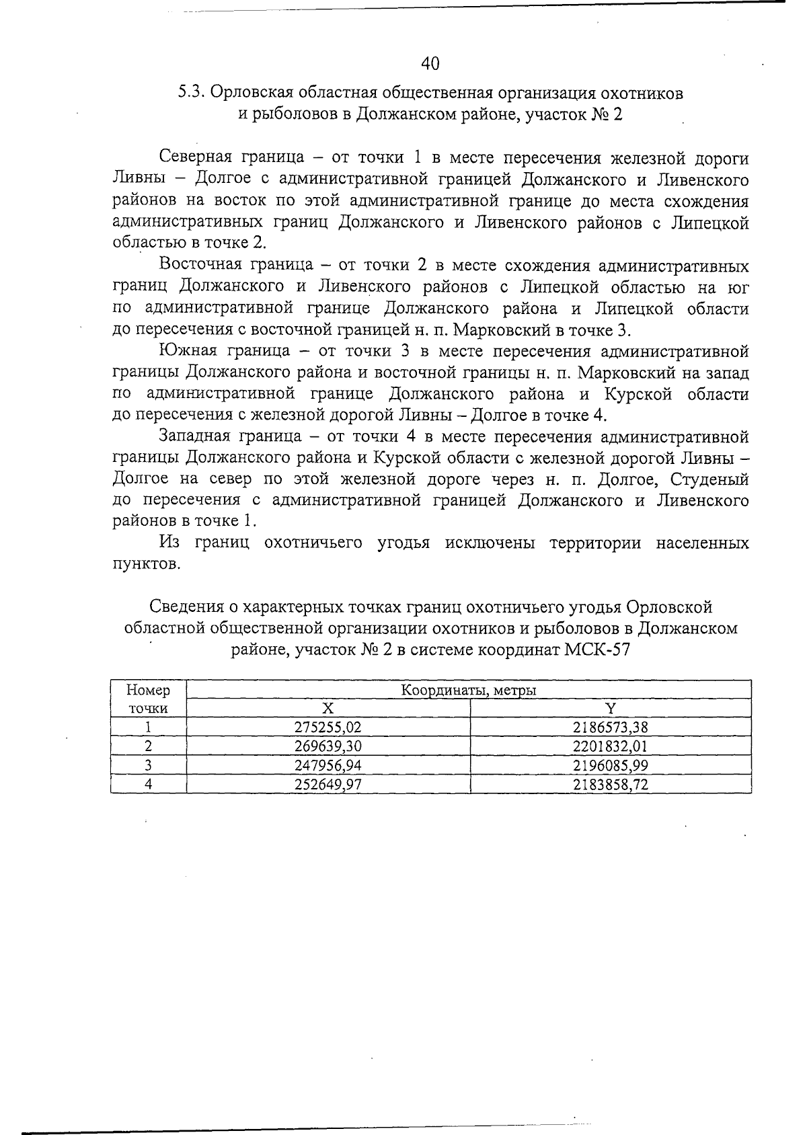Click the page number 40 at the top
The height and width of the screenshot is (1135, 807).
[x=430, y=64]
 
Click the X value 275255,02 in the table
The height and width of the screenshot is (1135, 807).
[x=328, y=726]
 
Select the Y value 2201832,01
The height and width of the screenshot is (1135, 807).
[x=610, y=745]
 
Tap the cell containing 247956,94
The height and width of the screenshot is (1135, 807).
[x=328, y=765]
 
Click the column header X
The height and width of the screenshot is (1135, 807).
[x=328, y=707]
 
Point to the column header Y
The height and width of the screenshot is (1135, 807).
[x=610, y=707]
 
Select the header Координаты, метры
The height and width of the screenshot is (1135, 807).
[x=468, y=690]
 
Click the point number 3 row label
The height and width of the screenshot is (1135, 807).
[x=148, y=765]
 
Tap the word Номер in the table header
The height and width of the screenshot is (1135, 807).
[x=148, y=690]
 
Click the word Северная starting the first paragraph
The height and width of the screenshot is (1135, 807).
[x=196, y=158]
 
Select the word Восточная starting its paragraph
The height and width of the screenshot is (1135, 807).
[x=200, y=266]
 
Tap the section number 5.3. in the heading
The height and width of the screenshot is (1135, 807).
[x=191, y=93]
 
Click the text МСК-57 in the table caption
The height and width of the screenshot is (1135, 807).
[x=599, y=650]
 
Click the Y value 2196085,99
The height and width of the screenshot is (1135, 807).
[x=610, y=765]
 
